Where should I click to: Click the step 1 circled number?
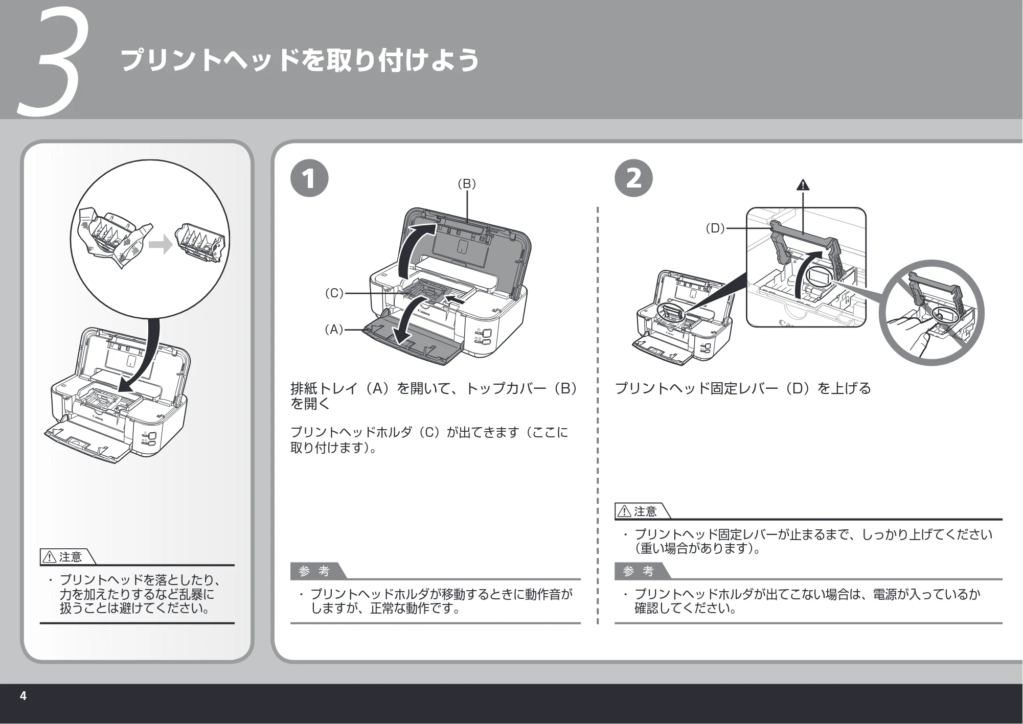coord(309,178)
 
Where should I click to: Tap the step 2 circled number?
coord(633,178)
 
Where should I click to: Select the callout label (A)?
coord(334,330)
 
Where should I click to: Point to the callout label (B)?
coord(467,184)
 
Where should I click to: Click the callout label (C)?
coord(334,293)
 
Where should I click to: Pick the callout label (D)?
coord(715,228)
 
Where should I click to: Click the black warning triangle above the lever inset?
coord(803,184)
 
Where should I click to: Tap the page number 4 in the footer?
coord(23,696)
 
